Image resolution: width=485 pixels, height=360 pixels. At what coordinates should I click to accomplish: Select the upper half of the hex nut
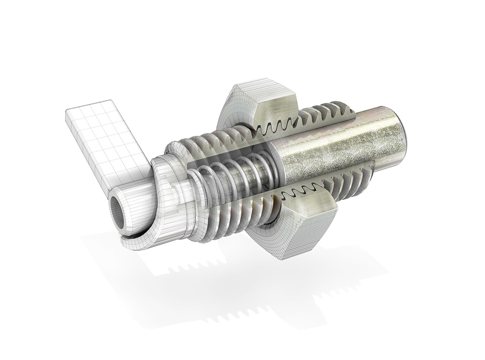pyautogui.click(x=262, y=104)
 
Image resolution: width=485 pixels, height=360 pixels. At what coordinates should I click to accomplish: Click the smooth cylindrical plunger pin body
pyautogui.click(x=339, y=146)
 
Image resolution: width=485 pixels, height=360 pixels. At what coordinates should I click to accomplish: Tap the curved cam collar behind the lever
pyautogui.click(x=162, y=194)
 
